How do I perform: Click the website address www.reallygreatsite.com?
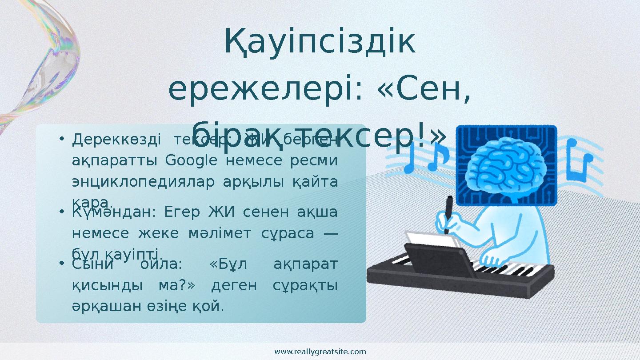coord(320,352)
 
